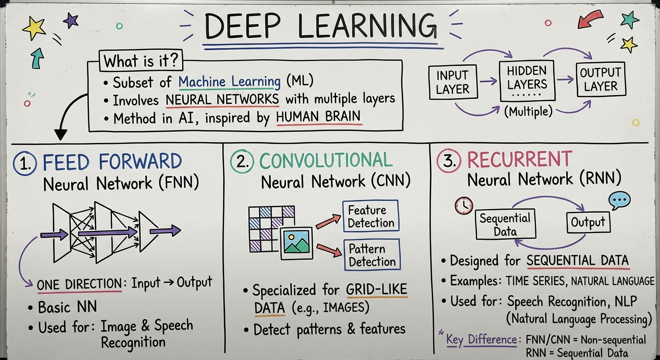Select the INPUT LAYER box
(x=452, y=82)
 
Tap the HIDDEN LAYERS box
(x=527, y=80)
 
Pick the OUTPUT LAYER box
(x=600, y=80)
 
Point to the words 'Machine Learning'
(x=230, y=82)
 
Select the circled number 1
(x=25, y=163)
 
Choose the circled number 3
(x=449, y=161)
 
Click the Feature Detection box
(x=371, y=216)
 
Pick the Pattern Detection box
(x=372, y=255)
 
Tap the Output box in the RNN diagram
(x=588, y=222)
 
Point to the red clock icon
(x=464, y=205)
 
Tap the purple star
(x=71, y=20)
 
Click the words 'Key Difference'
(x=482, y=338)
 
